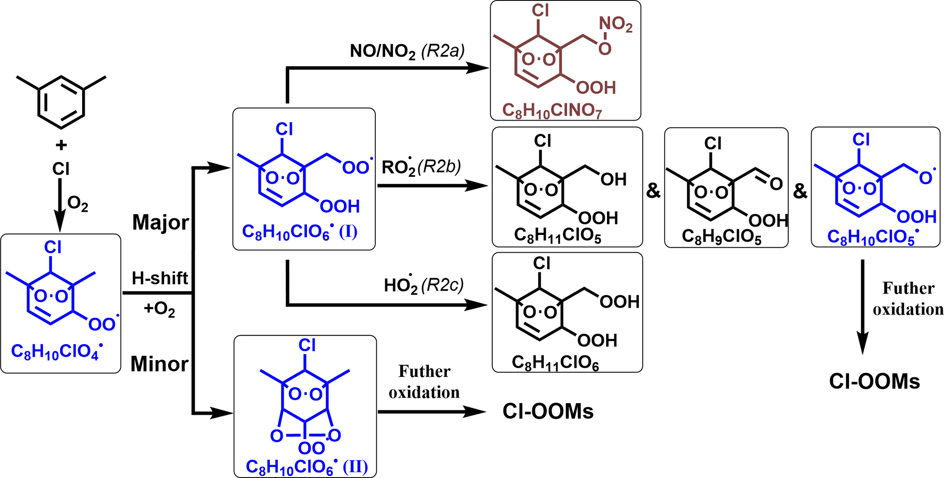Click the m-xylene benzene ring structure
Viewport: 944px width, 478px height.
point(61,102)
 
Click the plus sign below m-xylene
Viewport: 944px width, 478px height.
point(61,145)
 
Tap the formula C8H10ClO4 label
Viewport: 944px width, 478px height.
point(56,352)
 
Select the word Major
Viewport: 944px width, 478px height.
point(160,223)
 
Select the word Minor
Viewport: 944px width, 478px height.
point(159,364)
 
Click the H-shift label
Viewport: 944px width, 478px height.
point(160,278)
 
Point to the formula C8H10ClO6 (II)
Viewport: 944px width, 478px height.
point(306,467)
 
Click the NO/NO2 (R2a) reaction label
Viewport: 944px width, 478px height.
point(407,51)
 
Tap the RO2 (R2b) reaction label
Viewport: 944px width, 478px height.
point(421,167)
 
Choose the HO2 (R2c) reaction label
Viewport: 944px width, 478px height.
point(423,285)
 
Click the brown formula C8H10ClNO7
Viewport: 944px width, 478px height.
point(552,111)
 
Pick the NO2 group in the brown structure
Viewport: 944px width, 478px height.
point(616,24)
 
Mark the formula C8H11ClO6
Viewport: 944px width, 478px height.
point(555,363)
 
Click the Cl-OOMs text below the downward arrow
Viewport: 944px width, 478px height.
point(874,382)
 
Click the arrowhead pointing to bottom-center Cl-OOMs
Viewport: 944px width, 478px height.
point(475,412)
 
